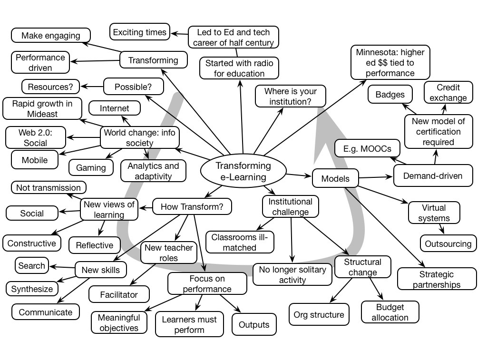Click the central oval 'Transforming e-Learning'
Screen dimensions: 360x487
tap(243, 172)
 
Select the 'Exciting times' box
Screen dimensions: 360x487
tap(140, 32)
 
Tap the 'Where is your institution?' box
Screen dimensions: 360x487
tap(291, 96)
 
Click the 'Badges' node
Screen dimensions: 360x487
tap(390, 94)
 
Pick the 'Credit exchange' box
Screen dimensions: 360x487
tap(448, 93)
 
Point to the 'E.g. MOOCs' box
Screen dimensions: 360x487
tap(367, 148)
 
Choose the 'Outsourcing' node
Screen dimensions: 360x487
tap(448, 243)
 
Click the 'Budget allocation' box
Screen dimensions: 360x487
tap(390, 312)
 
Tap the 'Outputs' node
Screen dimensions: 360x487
tap(254, 325)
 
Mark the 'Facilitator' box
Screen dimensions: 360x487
tap(119, 294)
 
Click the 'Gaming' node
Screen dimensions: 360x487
tap(91, 167)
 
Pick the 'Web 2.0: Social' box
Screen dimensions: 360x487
tap(36, 137)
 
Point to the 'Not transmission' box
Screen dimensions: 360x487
tap(49, 187)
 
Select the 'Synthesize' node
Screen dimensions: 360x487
tap(32, 289)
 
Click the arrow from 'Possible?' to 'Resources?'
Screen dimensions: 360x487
tap(92, 87)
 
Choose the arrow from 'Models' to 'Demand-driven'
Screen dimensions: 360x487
tap(376, 177)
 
